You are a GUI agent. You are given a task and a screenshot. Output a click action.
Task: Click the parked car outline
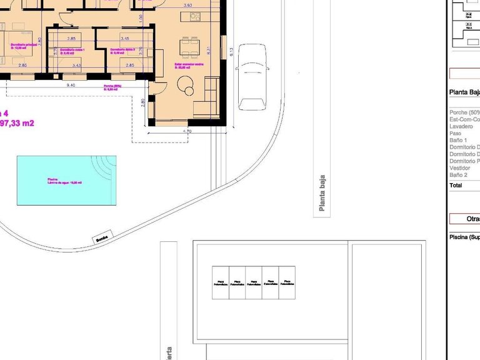pyautogui.click(x=252, y=76)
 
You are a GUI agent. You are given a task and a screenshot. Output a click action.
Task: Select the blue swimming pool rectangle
pyautogui.click(x=66, y=180)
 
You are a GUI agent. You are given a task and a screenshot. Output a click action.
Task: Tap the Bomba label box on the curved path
pyautogui.click(x=102, y=238)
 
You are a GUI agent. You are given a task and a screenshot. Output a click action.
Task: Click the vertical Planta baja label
pyautogui.click(x=322, y=193)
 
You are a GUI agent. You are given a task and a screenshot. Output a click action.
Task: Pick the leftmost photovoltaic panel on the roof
pyautogui.click(x=220, y=282)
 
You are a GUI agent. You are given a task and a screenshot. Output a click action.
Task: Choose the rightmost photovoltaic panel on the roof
pyautogui.click(x=287, y=282)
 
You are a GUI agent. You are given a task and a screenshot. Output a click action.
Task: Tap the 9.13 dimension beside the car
pyautogui.click(x=231, y=53)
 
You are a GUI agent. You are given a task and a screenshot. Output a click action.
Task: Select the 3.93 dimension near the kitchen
pyautogui.click(x=187, y=5)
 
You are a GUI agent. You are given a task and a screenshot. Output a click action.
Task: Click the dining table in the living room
pyautogui.click(x=187, y=47)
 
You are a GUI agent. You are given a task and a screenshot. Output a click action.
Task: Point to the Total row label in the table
pyautogui.click(x=456, y=186)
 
